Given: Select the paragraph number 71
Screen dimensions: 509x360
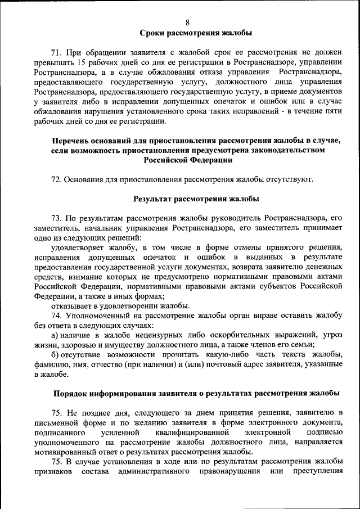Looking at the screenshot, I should pyautogui.click(x=56, y=52).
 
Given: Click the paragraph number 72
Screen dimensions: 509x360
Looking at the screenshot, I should pyautogui.click(x=56, y=179).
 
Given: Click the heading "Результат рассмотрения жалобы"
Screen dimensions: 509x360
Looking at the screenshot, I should pyautogui.click(x=188, y=199).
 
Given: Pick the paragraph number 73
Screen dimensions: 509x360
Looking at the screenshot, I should pyautogui.click(x=56, y=218).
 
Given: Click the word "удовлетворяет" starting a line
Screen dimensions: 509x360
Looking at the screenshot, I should pyautogui.click(x=76, y=247).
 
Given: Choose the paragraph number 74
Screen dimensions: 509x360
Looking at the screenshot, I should pyautogui.click(x=56, y=316).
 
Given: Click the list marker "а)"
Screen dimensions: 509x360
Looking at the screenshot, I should pyautogui.click(x=55, y=335).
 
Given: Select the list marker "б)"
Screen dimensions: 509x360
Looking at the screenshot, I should pyautogui.click(x=55, y=354).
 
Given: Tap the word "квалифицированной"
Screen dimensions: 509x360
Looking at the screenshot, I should pyautogui.click(x=190, y=433).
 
